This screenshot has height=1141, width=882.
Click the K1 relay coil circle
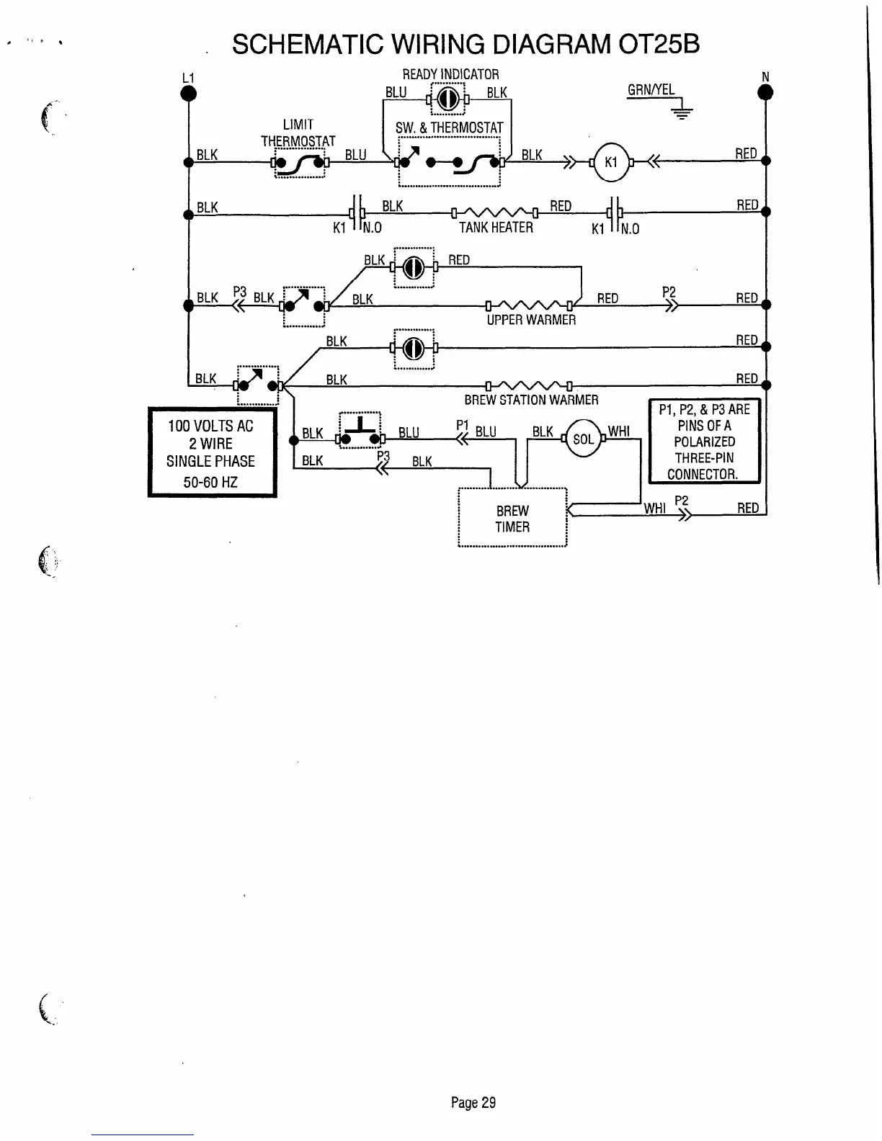pyautogui.click(x=610, y=161)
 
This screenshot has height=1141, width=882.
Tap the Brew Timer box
pyautogui.click(x=512, y=519)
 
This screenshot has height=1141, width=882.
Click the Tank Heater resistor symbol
pyautogui.click(x=495, y=212)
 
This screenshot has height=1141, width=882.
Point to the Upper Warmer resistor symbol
pyautogui.click(x=530, y=304)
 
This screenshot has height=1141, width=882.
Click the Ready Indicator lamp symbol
pyautogui.click(x=447, y=97)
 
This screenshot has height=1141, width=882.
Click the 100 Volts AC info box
pyautogui.click(x=212, y=452)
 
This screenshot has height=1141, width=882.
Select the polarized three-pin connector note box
pyautogui.click(x=704, y=441)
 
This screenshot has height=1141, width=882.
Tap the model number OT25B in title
pyautogui.click(x=659, y=45)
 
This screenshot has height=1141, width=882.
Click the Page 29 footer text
pyautogui.click(x=473, y=1102)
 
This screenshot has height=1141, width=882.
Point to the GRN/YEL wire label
pyautogui.click(x=651, y=90)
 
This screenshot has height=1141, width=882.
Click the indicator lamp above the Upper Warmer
pyautogui.click(x=414, y=268)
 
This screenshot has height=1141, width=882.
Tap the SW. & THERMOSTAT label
pyautogui.click(x=449, y=128)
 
